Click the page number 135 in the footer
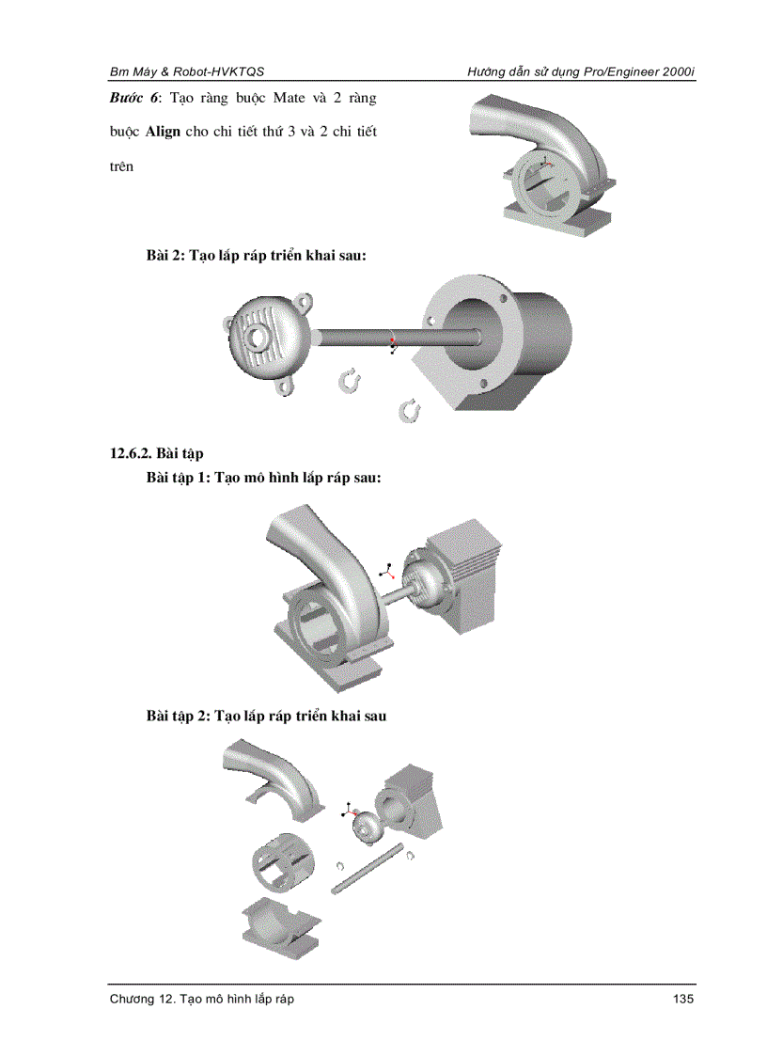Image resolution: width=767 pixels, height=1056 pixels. point(683,999)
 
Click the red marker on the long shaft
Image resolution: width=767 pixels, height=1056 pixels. point(393,338)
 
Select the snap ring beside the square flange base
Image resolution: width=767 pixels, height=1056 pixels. point(410,409)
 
